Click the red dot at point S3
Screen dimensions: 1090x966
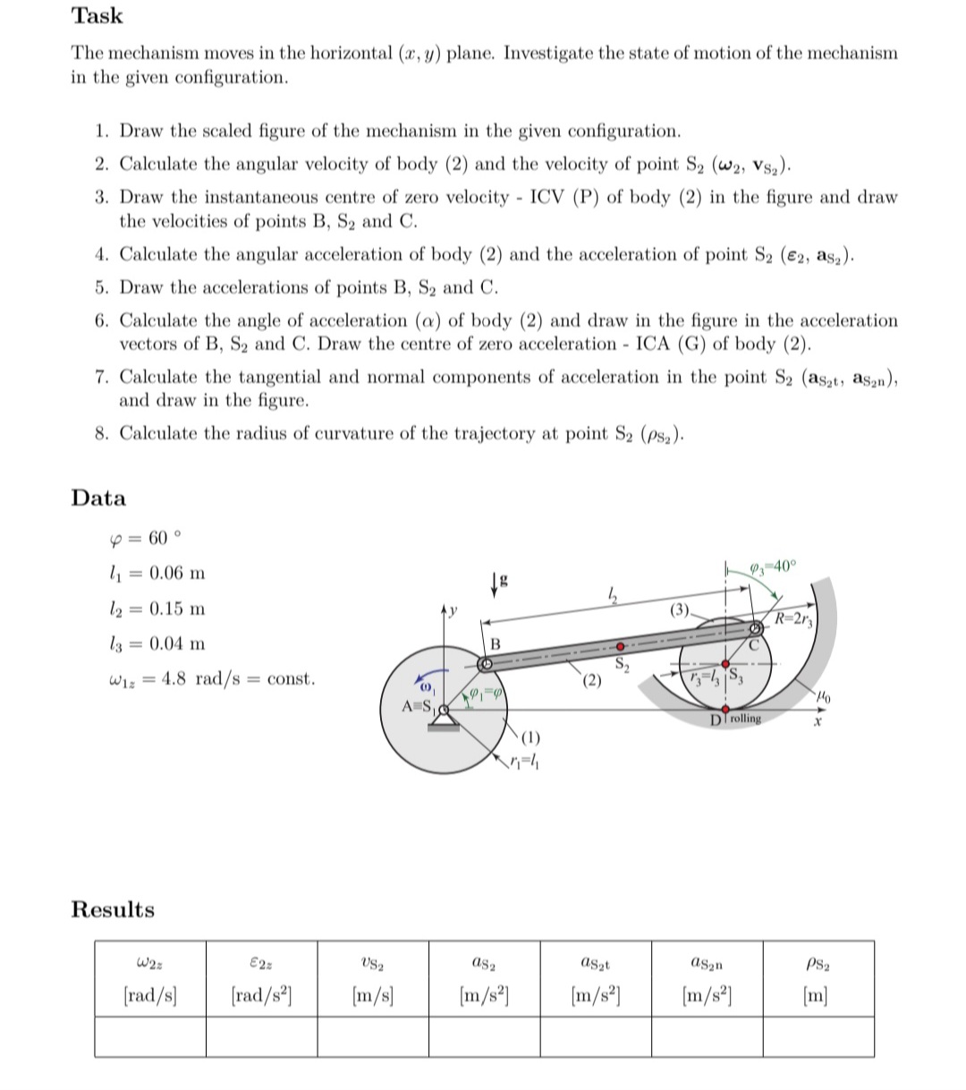point(725,665)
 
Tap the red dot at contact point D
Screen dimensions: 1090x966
point(726,710)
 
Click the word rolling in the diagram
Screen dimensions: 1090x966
point(744,719)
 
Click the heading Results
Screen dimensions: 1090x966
point(113,909)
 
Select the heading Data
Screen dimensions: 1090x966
point(98,498)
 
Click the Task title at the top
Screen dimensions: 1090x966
point(97,16)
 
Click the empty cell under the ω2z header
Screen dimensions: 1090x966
point(149,1037)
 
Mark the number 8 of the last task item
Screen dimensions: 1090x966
point(101,434)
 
